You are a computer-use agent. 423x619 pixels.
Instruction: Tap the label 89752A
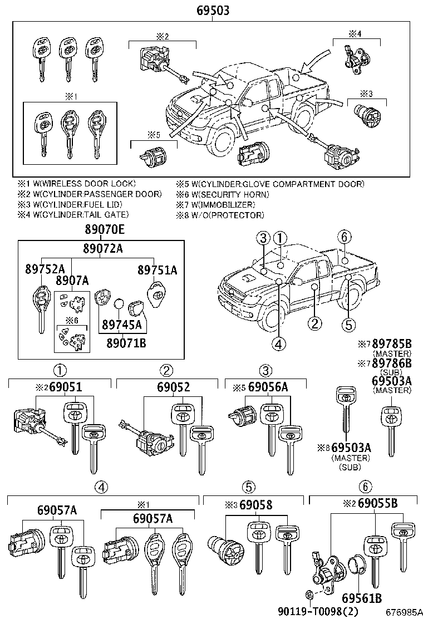click(45, 269)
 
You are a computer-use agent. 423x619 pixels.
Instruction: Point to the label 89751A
click(158, 269)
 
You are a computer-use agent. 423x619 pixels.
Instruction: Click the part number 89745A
click(121, 325)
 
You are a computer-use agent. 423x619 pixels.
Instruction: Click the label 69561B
click(361, 599)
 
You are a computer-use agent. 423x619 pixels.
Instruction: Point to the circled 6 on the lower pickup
click(345, 237)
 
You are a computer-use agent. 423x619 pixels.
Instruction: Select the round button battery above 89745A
click(119, 303)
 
